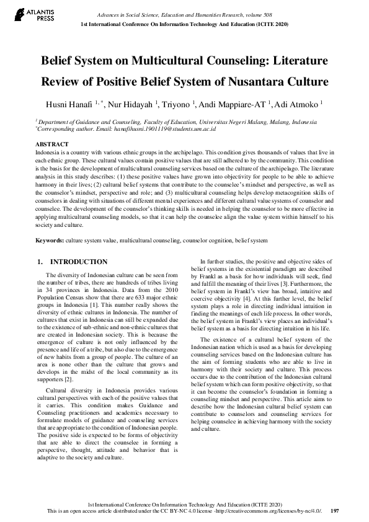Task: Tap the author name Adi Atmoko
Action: (297, 104)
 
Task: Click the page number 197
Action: (335, 511)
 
